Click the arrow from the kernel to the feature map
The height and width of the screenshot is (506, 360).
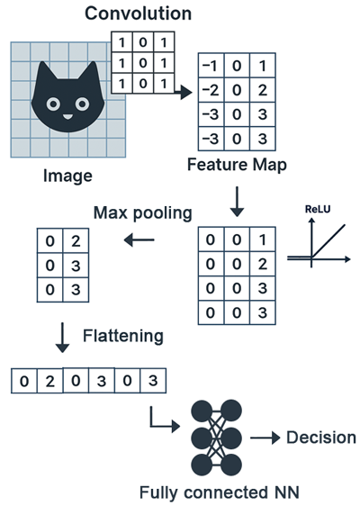[183, 92]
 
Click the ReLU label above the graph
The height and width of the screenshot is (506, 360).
[318, 208]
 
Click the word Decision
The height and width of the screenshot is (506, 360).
[320, 438]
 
